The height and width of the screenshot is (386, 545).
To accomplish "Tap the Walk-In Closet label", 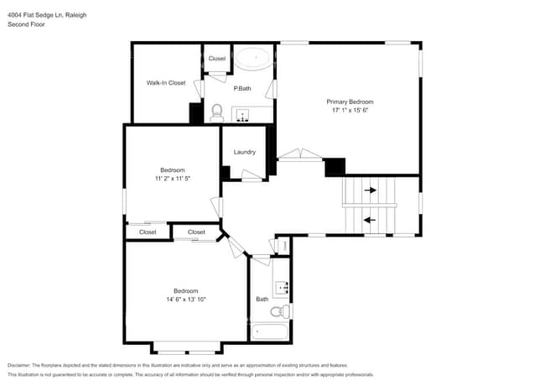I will point(166,83).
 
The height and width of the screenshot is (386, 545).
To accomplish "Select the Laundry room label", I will point(245,152).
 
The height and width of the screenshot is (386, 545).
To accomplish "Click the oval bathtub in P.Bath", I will point(252,59).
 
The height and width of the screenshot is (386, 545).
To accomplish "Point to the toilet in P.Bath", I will point(216,112).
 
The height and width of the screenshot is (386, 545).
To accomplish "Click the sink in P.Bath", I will point(242,116).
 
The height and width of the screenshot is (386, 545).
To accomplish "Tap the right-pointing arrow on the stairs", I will point(370,190).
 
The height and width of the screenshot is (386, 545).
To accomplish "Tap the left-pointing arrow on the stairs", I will point(369,221).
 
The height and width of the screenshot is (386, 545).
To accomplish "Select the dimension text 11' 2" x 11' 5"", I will point(174,179).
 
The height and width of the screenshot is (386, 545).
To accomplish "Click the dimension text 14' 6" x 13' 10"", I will point(185,300).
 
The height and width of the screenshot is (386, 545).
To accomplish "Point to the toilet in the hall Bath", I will point(284,312).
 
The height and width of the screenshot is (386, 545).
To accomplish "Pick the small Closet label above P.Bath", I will point(217,59).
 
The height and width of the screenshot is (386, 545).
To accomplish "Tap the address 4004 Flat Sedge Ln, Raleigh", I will point(47,15).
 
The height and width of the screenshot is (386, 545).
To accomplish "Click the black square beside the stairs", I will point(335,167).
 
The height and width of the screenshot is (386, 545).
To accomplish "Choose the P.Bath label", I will point(242,89).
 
